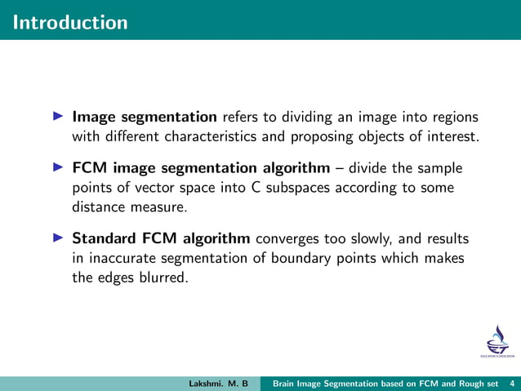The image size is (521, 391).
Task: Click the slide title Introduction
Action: [70, 22]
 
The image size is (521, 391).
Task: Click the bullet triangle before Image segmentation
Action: [58, 117]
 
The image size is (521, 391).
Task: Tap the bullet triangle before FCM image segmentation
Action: [58, 167]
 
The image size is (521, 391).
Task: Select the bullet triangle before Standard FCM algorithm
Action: [58, 239]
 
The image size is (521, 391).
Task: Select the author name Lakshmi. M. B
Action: [218, 383]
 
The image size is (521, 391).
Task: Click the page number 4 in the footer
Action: [511, 383]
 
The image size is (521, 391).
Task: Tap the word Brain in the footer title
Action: [287, 383]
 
